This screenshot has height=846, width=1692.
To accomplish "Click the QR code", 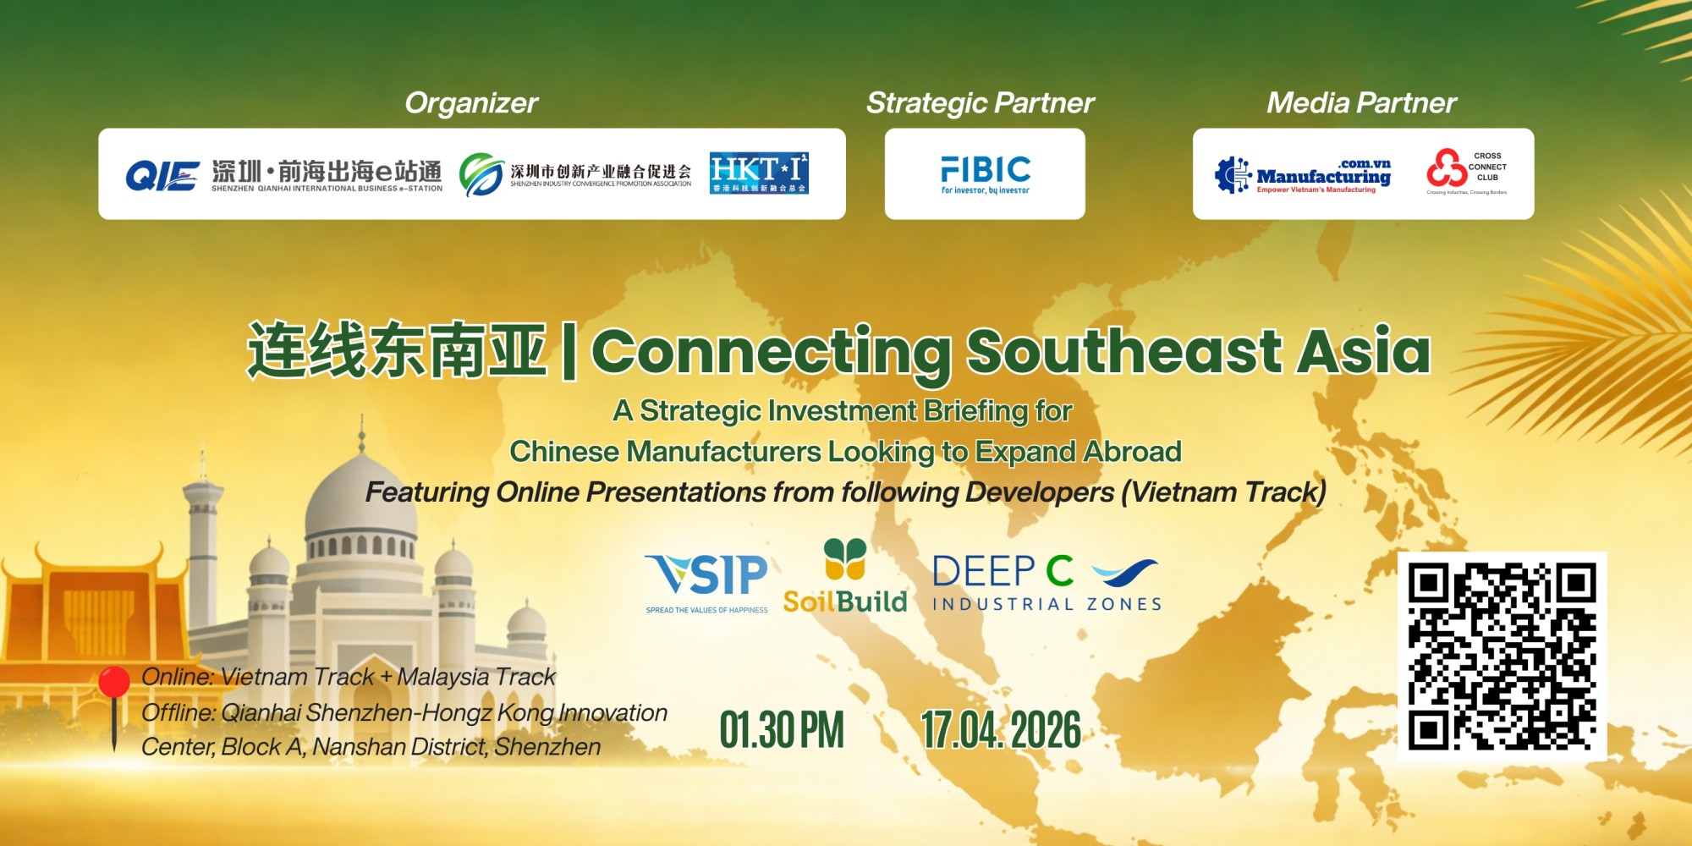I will tap(1502, 656).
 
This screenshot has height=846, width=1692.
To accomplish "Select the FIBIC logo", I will tap(986, 174).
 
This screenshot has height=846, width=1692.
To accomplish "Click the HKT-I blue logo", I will tap(759, 173).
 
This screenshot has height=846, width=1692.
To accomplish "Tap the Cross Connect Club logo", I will tap(1467, 173).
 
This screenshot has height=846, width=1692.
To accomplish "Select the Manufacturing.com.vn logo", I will tap(1304, 175).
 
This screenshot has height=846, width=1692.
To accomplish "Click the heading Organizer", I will tap(471, 103).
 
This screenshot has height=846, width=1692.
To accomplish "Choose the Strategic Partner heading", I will tap(980, 103).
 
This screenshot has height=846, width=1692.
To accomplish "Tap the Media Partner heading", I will tap(1361, 103).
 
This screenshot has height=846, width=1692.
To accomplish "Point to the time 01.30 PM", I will tap(782, 730).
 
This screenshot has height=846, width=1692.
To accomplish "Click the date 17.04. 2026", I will tap(1001, 730).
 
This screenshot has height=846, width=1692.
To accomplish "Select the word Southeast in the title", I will tap(1124, 351).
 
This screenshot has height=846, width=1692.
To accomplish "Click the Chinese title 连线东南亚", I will tap(396, 351).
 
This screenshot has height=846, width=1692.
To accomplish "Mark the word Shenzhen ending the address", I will tap(547, 747).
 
